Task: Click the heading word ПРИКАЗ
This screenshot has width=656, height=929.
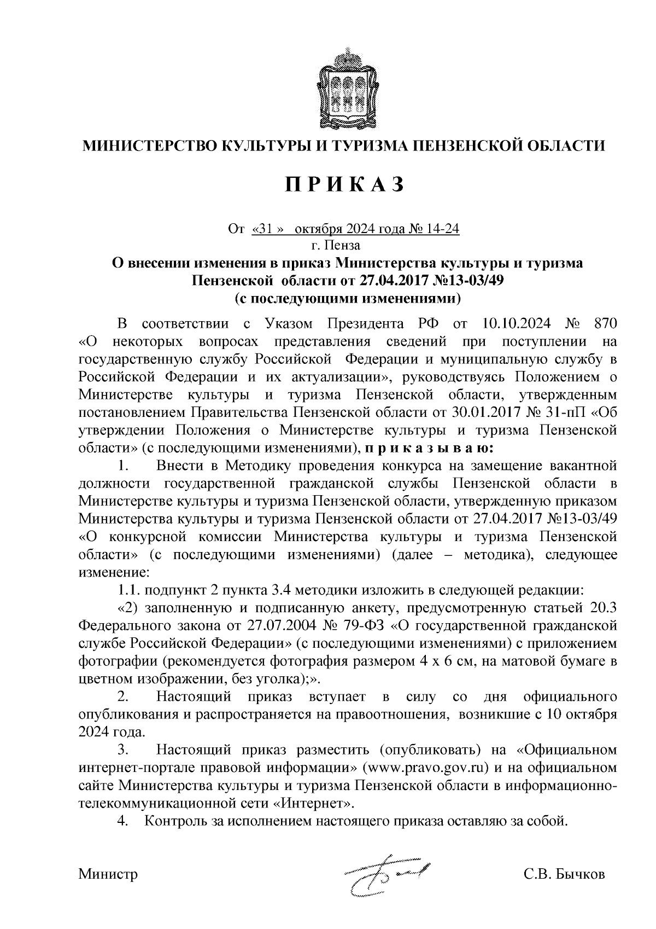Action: [344, 184]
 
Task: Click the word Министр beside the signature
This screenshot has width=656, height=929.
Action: [108, 874]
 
